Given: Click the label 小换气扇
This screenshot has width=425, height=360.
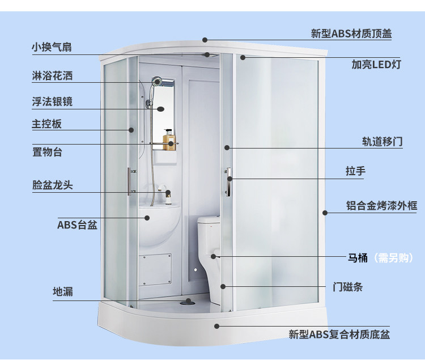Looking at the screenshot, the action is (52, 47).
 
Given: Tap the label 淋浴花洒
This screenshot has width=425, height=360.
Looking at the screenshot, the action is (52, 75).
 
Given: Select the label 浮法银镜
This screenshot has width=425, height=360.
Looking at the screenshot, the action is (52, 101).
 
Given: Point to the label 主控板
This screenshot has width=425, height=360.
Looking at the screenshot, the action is (47, 124).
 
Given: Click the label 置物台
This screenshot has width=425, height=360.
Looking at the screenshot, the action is (48, 152).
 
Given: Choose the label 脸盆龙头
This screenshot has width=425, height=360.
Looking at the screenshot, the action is (53, 185).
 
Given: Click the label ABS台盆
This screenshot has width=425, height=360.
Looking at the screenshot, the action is (77, 225).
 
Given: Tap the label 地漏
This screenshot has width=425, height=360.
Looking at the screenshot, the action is (63, 292).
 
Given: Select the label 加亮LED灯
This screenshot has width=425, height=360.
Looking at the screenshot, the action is (376, 65).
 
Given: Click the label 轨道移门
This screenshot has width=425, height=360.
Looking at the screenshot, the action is (382, 142).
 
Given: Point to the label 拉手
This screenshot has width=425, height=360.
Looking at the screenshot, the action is (356, 171).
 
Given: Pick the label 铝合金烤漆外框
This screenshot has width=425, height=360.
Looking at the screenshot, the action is (381, 205).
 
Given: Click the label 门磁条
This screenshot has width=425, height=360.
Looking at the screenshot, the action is (348, 287).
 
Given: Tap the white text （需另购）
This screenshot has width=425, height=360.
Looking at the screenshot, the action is (393, 257).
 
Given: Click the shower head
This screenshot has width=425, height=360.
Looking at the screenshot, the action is (156, 81).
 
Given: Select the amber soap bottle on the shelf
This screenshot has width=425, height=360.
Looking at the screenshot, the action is (169, 139).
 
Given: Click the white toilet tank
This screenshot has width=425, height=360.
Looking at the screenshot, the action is (209, 230).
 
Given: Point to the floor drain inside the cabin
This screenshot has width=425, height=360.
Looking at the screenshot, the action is (188, 301).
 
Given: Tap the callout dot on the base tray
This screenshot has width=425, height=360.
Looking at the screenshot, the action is (216, 326).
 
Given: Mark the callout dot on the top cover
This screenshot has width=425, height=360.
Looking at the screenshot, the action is (205, 40).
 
